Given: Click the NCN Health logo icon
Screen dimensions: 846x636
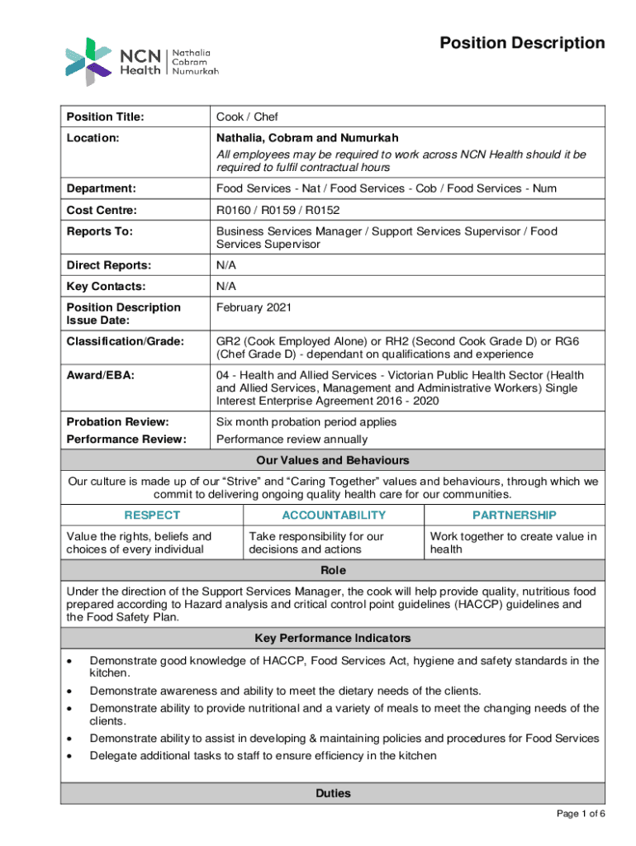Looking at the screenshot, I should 88,61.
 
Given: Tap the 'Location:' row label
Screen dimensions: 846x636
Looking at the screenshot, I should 94,139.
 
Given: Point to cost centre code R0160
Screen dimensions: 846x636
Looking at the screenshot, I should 235,211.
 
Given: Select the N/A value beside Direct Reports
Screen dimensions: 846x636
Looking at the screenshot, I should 226,266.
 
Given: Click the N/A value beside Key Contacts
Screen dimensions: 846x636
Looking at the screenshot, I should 226,287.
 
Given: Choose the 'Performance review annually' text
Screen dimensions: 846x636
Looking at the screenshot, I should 292,440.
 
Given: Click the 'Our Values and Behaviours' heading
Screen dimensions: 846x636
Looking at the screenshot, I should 333,460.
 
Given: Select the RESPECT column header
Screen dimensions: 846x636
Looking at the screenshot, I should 152,515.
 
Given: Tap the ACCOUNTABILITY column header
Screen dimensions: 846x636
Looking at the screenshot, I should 333,515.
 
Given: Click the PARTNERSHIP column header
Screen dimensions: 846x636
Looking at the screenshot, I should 514,515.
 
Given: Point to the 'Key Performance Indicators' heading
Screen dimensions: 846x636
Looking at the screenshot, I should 333,639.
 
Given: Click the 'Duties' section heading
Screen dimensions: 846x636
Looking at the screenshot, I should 333,793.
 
